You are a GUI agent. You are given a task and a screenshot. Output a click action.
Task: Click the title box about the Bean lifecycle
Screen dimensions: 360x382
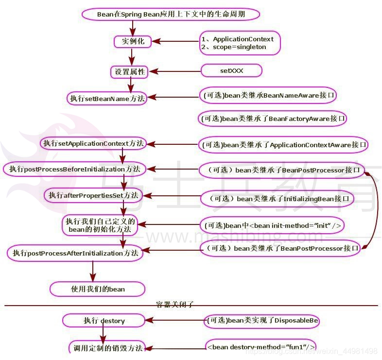[x=171, y=14]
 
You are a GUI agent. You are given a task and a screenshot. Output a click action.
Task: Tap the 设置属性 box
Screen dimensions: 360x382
[x=130, y=72]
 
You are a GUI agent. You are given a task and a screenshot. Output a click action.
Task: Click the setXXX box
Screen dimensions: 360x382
[x=231, y=71]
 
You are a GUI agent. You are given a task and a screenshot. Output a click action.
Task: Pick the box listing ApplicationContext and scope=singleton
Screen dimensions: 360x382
[x=240, y=43]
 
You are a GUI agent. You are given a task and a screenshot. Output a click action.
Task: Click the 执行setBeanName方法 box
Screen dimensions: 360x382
[x=107, y=98]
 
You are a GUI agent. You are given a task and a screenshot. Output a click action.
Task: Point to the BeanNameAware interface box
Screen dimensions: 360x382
[x=268, y=95]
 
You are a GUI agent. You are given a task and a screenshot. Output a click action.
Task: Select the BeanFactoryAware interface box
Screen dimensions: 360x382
[x=273, y=118]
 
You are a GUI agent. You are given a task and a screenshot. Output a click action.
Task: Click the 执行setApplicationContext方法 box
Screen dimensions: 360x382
[x=93, y=143]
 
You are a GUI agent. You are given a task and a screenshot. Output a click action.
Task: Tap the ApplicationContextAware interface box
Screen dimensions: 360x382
[x=283, y=144]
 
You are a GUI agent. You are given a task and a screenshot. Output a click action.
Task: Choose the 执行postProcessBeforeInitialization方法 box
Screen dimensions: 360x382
[x=74, y=169]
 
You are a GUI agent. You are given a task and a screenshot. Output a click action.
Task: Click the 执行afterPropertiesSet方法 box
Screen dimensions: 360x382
[x=93, y=195]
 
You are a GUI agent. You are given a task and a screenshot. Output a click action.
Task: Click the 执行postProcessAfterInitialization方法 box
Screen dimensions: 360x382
[x=75, y=253]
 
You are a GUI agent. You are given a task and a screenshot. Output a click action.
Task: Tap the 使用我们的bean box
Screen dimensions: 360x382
[x=98, y=289]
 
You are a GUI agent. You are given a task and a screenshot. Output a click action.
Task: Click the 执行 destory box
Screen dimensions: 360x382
[x=104, y=321]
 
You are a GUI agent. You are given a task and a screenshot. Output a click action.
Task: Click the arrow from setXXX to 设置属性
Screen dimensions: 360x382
[x=174, y=71]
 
